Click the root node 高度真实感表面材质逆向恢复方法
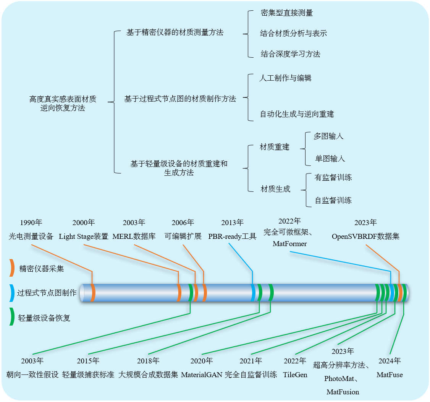coord(63,104)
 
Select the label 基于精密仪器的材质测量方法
coord(175,32)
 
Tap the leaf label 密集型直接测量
coord(287,13)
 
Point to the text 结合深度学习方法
coord(290,54)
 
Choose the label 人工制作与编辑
coord(285,78)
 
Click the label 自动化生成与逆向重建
coord(297,114)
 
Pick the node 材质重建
coord(275,147)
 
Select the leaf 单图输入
coord(330,159)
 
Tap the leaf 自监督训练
coord(333,201)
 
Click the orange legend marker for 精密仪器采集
coord(12,268)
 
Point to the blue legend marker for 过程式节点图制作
coord(12,293)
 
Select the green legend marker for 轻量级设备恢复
coord(12,317)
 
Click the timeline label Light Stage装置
coord(84,237)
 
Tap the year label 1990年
coord(31,223)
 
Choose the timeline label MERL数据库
coord(134,237)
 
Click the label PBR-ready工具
coord(232,237)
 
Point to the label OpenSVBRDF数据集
coord(365,237)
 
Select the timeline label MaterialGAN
coord(201,374)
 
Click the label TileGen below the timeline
coord(295,374)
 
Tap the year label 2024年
coord(390,361)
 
